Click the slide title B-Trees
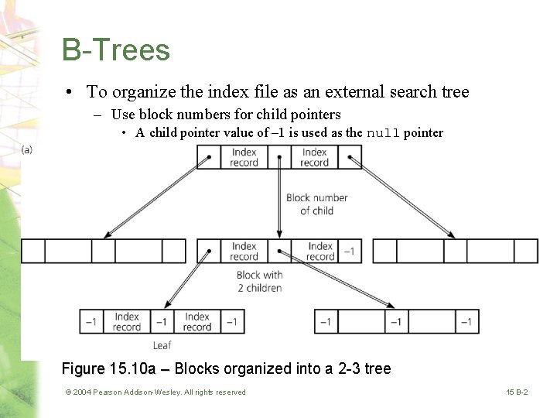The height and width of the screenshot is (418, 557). [116, 50]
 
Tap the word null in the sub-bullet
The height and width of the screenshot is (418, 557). [383, 133]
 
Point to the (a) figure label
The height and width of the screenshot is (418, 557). [27, 149]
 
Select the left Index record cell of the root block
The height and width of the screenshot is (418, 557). [244, 157]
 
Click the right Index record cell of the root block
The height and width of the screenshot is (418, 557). [314, 157]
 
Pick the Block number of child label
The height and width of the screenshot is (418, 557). [316, 204]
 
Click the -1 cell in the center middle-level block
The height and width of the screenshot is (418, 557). [350, 251]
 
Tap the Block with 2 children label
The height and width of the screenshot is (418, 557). [259, 281]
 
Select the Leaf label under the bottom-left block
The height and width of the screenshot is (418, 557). [162, 345]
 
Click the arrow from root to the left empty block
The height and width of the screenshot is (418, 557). [155, 197]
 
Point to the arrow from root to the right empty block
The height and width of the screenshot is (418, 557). [402, 197]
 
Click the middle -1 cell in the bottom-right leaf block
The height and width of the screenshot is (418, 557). [395, 321]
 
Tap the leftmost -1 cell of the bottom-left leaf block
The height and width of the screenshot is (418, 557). [91, 321]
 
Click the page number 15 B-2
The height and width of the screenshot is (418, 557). [517, 392]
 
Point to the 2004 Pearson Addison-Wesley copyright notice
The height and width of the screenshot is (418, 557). [155, 392]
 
